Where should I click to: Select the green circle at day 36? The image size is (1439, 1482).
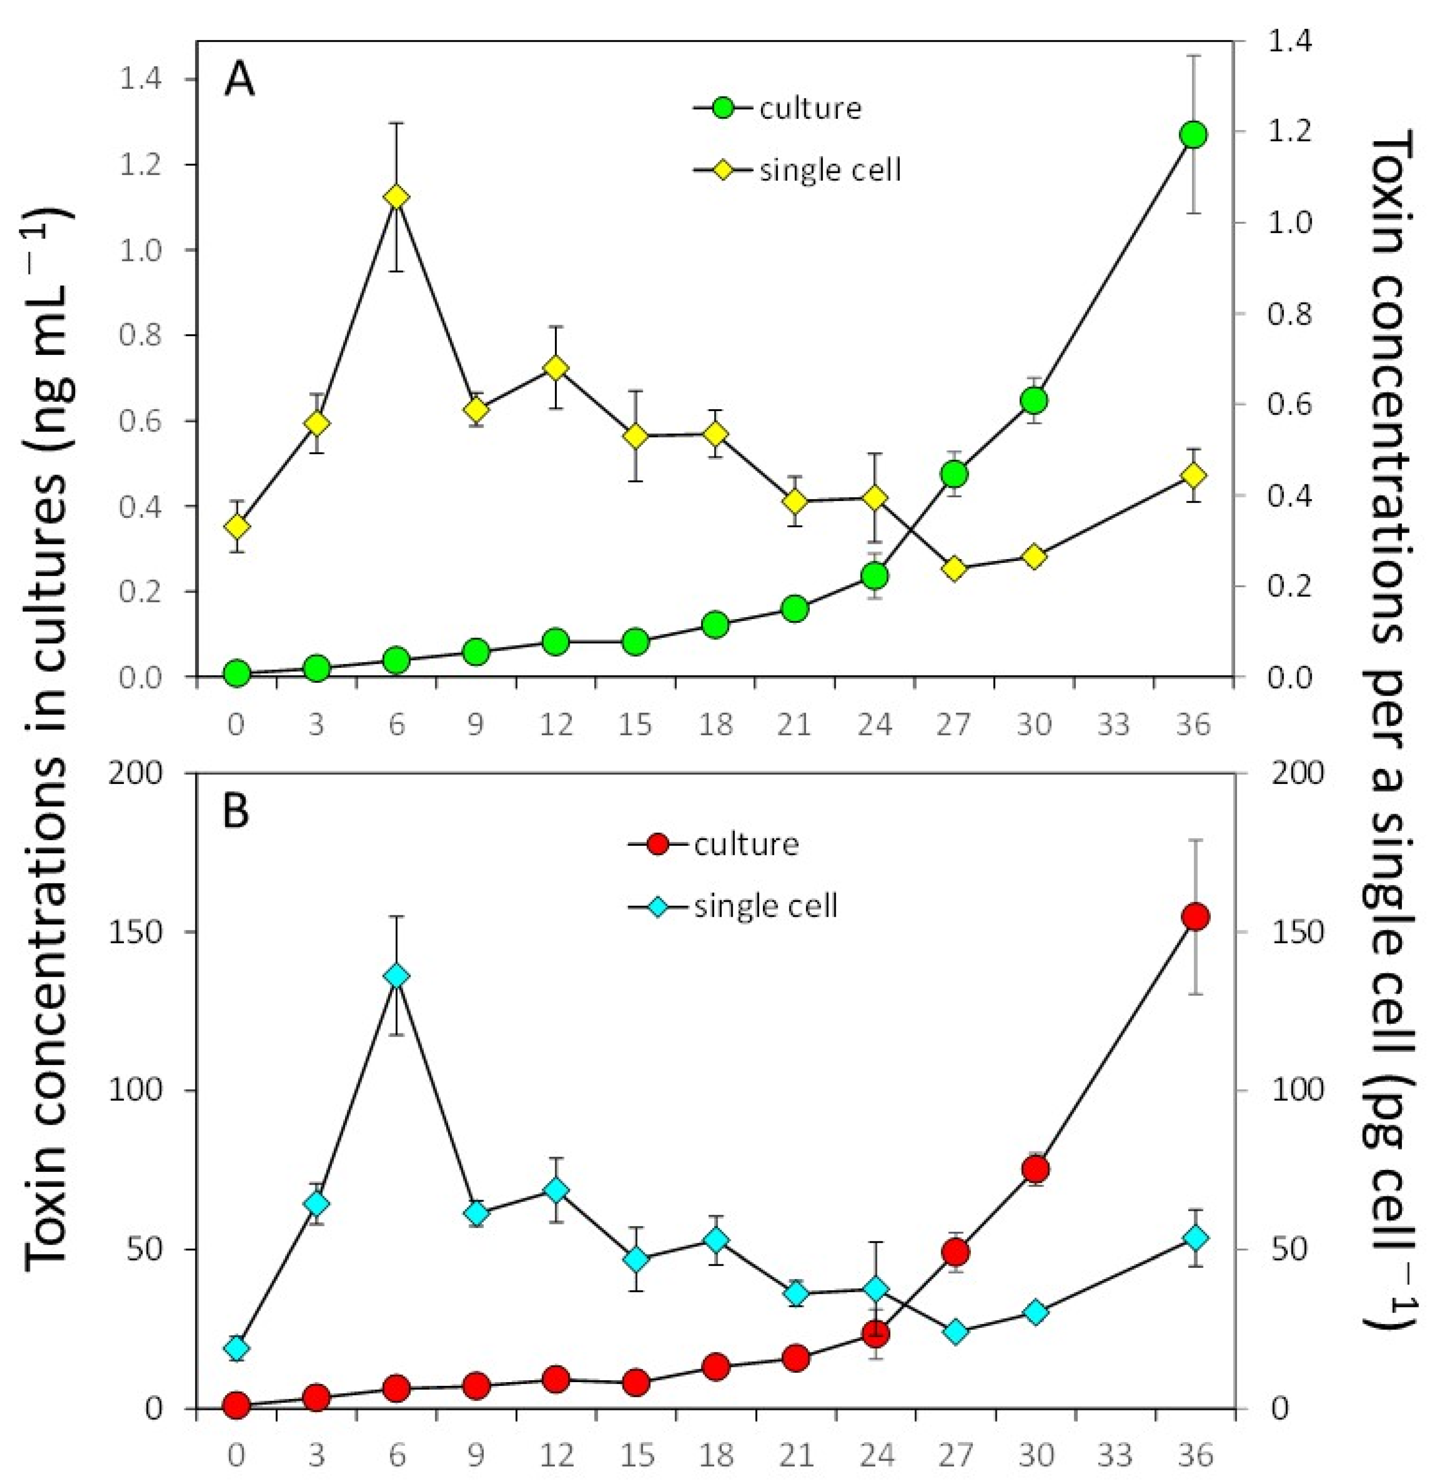click(1194, 135)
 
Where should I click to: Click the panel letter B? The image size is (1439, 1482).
click(237, 813)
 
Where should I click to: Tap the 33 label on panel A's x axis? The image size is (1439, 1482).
click(1114, 725)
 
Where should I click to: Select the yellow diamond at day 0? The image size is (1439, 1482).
click(237, 526)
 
